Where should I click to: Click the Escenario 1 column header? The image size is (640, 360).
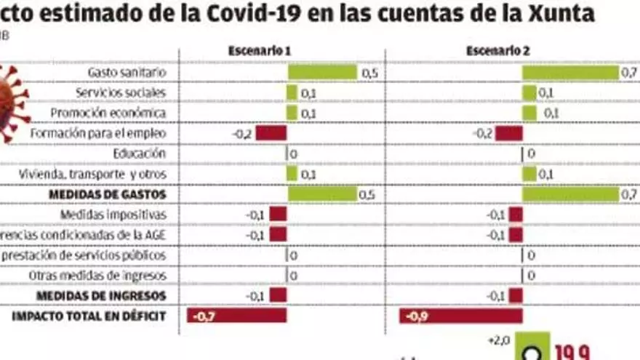(x=260, y=51)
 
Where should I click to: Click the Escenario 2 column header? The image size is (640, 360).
(x=497, y=51)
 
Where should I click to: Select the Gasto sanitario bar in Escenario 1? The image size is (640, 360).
(x=322, y=72)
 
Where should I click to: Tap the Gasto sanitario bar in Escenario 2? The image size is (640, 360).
(x=569, y=72)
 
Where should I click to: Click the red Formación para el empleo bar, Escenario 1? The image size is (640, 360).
(x=271, y=133)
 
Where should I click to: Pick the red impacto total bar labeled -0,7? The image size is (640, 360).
(x=237, y=316)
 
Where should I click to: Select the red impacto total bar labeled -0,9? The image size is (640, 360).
(x=461, y=316)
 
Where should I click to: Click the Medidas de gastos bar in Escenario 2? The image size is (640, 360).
(x=569, y=194)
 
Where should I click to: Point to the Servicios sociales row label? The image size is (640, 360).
(x=121, y=92)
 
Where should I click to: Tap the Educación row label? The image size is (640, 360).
(x=140, y=153)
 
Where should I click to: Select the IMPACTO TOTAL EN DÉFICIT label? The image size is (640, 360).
(x=89, y=316)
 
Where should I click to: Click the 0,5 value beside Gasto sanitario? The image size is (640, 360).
(x=369, y=73)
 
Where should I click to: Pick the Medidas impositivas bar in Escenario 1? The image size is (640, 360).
(x=278, y=215)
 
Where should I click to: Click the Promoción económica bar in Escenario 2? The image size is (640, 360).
(x=529, y=113)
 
